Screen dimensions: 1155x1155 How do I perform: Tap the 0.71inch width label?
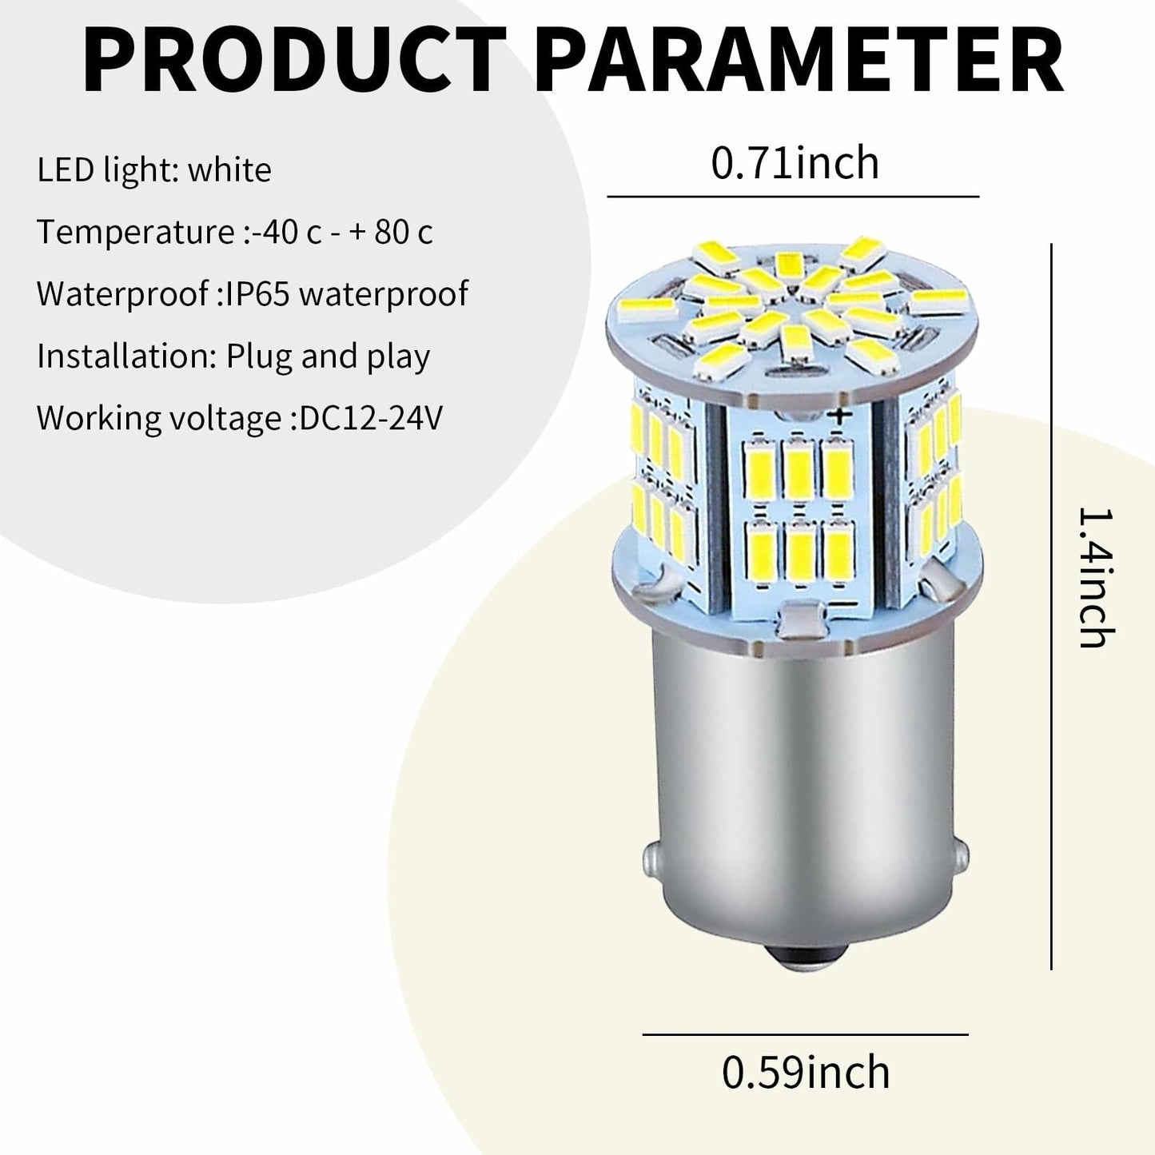pyautogui.click(x=795, y=163)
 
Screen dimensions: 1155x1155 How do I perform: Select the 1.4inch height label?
pyautogui.click(x=1096, y=579)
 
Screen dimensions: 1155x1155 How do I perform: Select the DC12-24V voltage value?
pyautogui.click(x=371, y=418)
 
